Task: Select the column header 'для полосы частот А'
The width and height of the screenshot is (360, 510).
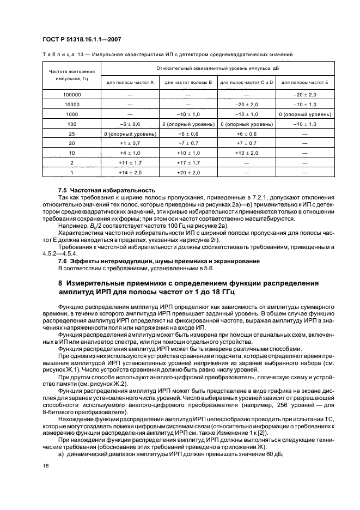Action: [x=130, y=82]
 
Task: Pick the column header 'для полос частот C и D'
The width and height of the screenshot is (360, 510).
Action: [x=247, y=82]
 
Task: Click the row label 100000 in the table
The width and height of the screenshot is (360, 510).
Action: [x=71, y=94]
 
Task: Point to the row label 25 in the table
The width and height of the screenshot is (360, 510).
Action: [x=71, y=133]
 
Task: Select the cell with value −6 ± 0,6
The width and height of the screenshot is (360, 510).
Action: [x=130, y=124]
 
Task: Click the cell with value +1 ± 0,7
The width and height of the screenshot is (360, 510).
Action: [x=130, y=143]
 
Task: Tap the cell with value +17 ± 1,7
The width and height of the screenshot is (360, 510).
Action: [x=188, y=163]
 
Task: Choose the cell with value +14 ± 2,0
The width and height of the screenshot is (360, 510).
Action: [x=130, y=173]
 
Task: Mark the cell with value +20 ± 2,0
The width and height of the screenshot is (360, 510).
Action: [x=188, y=173]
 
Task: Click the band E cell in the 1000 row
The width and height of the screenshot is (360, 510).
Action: [x=305, y=114]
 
